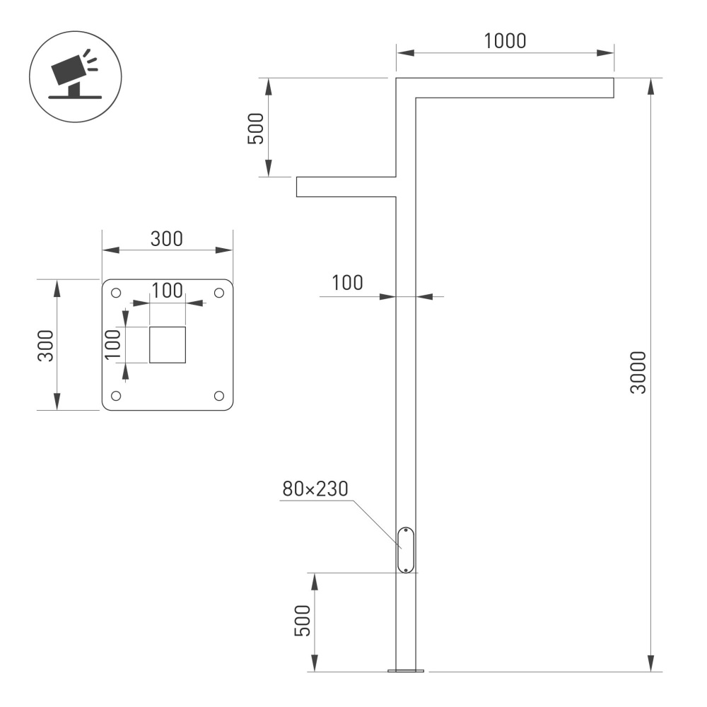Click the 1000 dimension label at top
point(505,41)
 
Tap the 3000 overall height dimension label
point(638,373)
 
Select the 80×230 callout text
point(316,489)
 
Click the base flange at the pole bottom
point(406,670)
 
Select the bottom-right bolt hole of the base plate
point(218,395)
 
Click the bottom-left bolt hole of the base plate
point(117,395)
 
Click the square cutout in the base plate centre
point(168,345)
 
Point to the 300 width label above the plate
point(167,238)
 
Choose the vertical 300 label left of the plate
point(46,345)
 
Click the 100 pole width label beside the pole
point(347,283)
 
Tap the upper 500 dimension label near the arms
point(256,128)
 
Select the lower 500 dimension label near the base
point(303,621)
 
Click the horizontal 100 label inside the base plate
point(167,291)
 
